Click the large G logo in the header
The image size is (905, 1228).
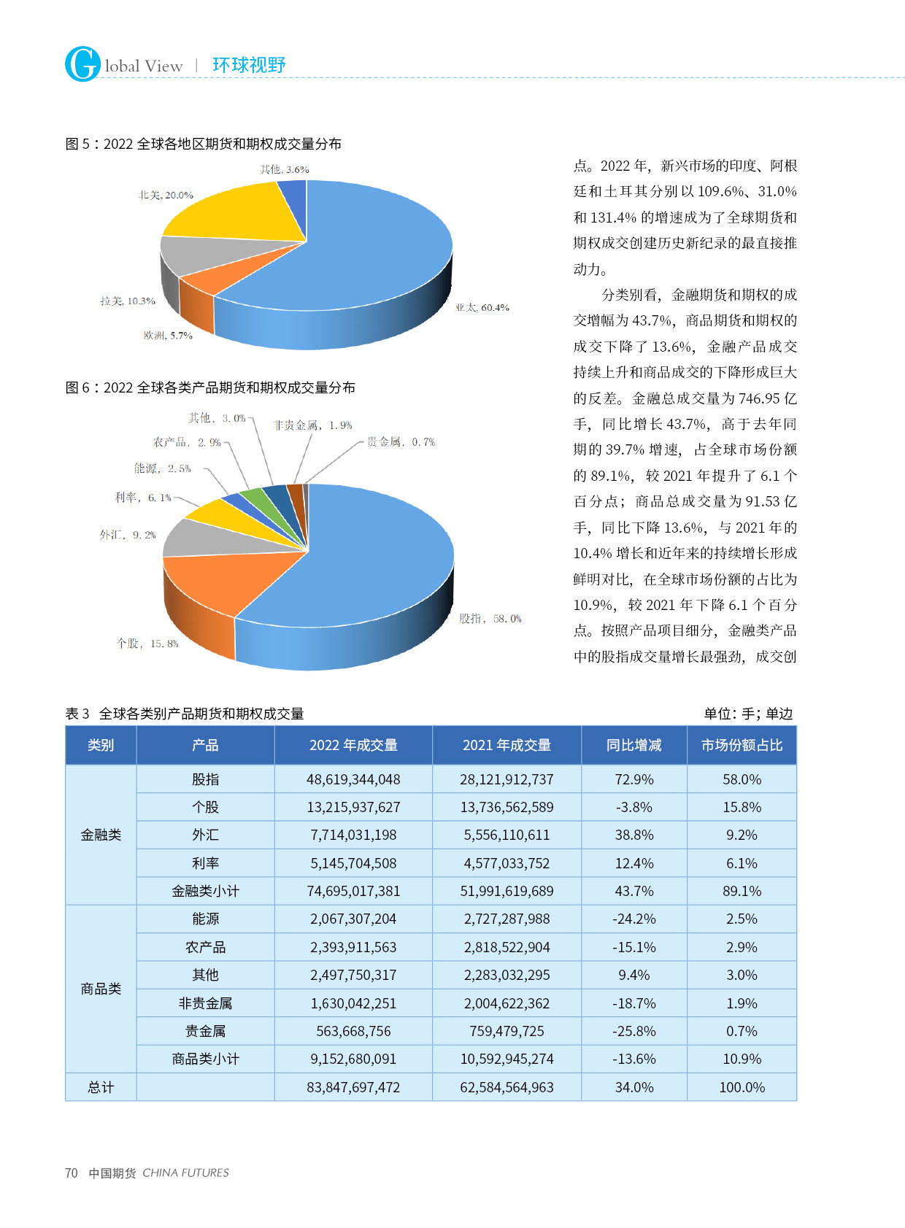pyautogui.click(x=82, y=64)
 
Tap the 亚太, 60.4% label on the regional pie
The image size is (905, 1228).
pyautogui.click(x=482, y=308)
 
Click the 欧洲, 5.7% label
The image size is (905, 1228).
pyautogui.click(x=168, y=336)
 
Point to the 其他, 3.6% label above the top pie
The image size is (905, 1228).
pyautogui.click(x=285, y=169)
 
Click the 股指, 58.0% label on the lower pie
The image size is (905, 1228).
pyautogui.click(x=490, y=619)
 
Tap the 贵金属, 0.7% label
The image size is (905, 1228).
pyautogui.click(x=401, y=442)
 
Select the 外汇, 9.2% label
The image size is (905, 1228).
pyautogui.click(x=128, y=535)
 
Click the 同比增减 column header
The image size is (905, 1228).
pyautogui.click(x=633, y=745)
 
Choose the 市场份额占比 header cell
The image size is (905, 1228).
pyautogui.click(x=742, y=745)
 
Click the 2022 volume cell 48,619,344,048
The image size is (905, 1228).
pyautogui.click(x=353, y=779)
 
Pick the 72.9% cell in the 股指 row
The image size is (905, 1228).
pyautogui.click(x=633, y=779)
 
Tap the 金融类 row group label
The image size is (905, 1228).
pyautogui.click(x=101, y=835)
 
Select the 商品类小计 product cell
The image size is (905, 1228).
pyautogui.click(x=205, y=1059)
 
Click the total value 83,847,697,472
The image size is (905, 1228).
pyautogui.click(x=353, y=1087)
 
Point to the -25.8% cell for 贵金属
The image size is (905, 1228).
pyautogui.click(x=633, y=1031)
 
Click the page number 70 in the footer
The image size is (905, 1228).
pyautogui.click(x=72, y=1173)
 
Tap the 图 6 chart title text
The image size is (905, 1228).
pyautogui.click(x=210, y=387)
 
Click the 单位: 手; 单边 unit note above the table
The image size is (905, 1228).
pyautogui.click(x=748, y=714)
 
